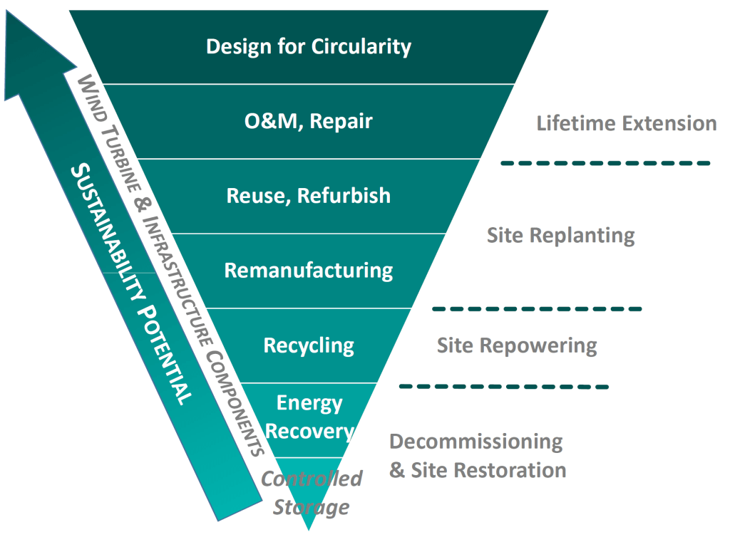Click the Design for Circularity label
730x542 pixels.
[x=309, y=47]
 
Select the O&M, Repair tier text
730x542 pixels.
[x=309, y=121]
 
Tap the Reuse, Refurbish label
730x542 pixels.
[x=309, y=195]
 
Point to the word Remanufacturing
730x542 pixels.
[x=309, y=271]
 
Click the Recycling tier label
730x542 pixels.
[x=309, y=345]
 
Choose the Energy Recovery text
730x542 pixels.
[x=309, y=417]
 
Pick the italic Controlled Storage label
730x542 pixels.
[x=312, y=492]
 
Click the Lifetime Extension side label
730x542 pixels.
[x=626, y=123]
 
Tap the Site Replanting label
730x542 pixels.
[x=560, y=235]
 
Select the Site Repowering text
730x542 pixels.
[x=517, y=345]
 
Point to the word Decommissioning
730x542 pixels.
[x=475, y=442]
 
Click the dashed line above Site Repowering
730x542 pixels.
[x=536, y=308]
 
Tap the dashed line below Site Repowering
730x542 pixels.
[x=503, y=386]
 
